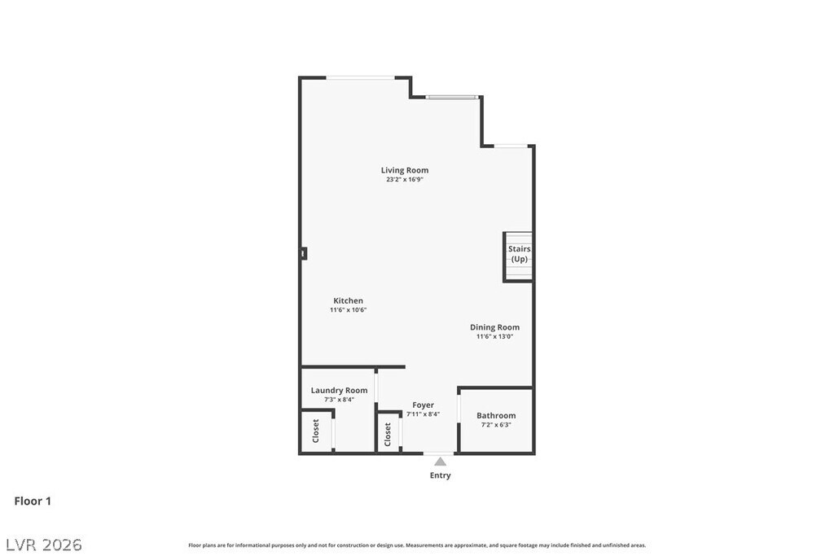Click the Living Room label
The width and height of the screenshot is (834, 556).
tap(404, 170)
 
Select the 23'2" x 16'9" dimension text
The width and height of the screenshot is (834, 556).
tap(404, 180)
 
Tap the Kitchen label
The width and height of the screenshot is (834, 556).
tap(348, 300)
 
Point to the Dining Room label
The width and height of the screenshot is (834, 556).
tap(494, 327)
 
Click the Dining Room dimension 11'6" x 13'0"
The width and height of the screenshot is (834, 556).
tap(494, 336)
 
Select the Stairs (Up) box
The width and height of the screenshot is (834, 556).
tap(518, 256)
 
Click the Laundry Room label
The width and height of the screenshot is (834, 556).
tap(339, 390)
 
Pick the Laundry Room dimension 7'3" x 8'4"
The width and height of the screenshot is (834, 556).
tap(339, 400)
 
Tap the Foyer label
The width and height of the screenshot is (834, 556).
tap(423, 405)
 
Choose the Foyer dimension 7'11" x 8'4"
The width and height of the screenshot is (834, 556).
tap(423, 414)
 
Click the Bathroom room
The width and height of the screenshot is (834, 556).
tap(496, 420)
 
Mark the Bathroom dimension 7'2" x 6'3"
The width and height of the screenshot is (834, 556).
tap(496, 425)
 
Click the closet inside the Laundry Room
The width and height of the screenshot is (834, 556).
tap(317, 431)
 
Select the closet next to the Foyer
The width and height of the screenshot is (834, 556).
tap(388, 433)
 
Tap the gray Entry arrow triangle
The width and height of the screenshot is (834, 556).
tap(440, 462)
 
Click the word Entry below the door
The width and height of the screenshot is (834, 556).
tap(440, 475)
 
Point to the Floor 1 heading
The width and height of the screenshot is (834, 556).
tap(33, 501)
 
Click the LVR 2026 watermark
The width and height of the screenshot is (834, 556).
tap(44, 545)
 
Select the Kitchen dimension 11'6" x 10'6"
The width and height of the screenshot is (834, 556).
tap(348, 310)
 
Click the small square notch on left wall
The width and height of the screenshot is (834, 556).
tap(303, 254)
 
